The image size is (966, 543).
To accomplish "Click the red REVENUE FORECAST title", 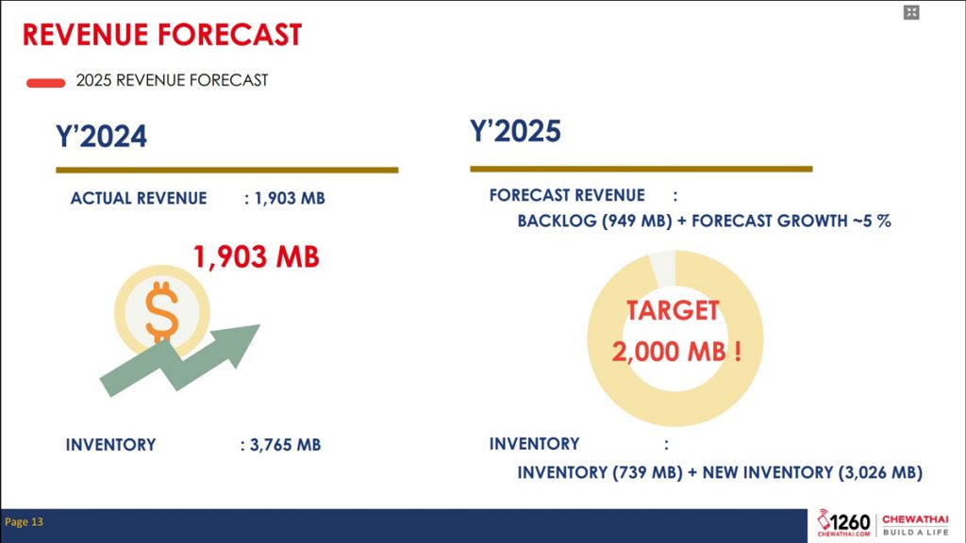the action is (x=162, y=35).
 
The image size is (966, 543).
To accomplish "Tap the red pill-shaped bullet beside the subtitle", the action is (x=45, y=83).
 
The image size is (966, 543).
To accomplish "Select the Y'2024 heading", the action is (x=101, y=136).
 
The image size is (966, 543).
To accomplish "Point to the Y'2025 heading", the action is (x=515, y=130).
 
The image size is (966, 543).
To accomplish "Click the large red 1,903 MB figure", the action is (x=257, y=256).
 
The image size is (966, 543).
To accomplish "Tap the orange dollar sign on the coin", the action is (x=161, y=311).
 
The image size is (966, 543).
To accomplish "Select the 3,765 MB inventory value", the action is (x=285, y=445).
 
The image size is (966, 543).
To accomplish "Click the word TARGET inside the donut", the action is (x=673, y=310).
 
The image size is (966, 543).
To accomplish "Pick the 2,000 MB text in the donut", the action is (x=670, y=352).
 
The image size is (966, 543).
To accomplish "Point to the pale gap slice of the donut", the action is (x=663, y=268).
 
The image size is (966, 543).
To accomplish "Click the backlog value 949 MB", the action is (x=637, y=221).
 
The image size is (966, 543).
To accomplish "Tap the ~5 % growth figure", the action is (x=872, y=221).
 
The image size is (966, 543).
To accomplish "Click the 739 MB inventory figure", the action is (x=647, y=472).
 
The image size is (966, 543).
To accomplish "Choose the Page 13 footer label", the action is (x=24, y=522).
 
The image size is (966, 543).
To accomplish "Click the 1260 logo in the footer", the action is (x=843, y=523).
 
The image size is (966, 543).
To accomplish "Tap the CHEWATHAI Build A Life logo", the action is (x=915, y=525).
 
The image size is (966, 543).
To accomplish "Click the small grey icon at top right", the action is (x=912, y=12).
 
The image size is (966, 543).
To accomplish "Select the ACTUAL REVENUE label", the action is (x=139, y=198).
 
